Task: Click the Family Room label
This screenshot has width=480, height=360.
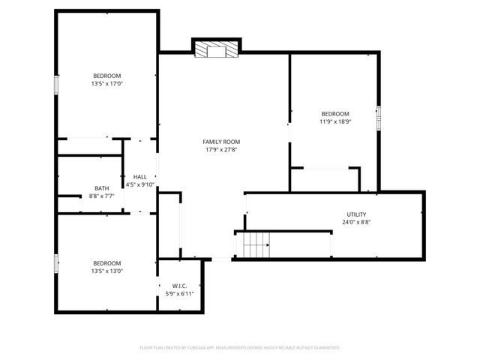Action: [221, 141]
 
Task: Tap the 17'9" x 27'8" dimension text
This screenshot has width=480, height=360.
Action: [221, 149]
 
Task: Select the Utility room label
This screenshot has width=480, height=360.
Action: [356, 214]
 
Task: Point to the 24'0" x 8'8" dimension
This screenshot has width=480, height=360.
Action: [356, 222]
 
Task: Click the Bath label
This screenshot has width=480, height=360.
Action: [102, 188]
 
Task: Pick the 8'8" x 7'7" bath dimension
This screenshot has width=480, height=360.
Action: [102, 196]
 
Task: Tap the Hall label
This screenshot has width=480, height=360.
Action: [140, 177]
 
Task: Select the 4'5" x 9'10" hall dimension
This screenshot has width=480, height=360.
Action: [140, 184]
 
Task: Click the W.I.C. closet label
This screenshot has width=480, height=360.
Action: [179, 286]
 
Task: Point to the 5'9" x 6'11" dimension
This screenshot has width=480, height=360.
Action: [179, 294]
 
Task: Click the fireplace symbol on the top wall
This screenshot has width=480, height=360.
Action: [216, 49]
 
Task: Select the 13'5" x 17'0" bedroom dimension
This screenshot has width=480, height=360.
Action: [106, 84]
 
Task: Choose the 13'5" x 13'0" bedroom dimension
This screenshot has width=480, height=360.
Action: [106, 271]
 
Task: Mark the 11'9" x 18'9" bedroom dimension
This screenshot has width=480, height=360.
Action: [334, 121]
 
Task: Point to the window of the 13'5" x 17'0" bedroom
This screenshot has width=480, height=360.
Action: [55, 85]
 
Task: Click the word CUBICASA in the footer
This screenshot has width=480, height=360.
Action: [193, 348]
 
